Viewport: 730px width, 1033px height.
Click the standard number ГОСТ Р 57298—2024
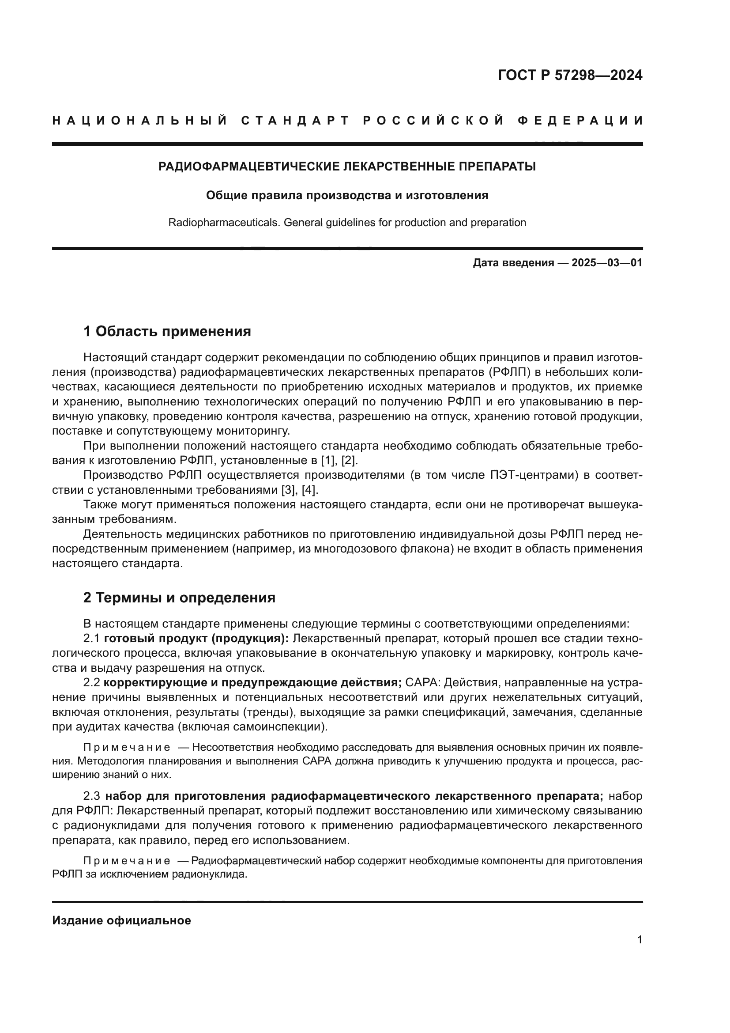tap(569, 75)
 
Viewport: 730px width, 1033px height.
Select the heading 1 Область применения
tap(167, 332)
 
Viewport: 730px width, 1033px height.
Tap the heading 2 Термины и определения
tap(179, 598)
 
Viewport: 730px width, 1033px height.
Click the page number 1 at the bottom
tap(640, 939)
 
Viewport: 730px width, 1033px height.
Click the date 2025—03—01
tap(607, 263)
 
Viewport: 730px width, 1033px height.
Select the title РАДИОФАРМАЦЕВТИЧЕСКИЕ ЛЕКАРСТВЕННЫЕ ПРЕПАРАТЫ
tap(347, 166)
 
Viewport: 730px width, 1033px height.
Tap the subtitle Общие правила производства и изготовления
tap(347, 195)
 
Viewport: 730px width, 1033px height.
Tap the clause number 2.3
tap(92, 796)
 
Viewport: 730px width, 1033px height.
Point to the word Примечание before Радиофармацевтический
tap(127, 861)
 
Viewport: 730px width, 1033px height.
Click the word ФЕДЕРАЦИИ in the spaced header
tap(580, 121)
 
